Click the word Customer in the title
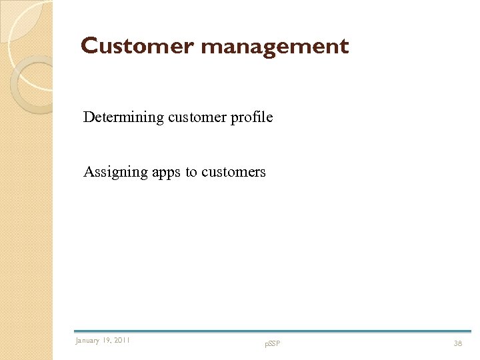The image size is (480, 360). [x=137, y=46]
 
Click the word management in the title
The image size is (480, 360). [x=274, y=47]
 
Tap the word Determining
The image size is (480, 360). [x=123, y=117]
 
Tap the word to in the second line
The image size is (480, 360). [x=191, y=172]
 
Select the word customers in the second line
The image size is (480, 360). [x=233, y=172]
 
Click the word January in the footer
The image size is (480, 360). [x=87, y=341]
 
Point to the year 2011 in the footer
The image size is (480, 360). [x=122, y=341]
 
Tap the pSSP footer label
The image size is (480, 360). [x=272, y=344]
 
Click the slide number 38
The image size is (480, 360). [x=458, y=343]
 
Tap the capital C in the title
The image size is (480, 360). [x=89, y=46]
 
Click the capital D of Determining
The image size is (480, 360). [x=88, y=117]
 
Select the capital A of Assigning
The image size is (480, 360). [x=88, y=172]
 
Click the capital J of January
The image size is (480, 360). [x=77, y=341]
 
